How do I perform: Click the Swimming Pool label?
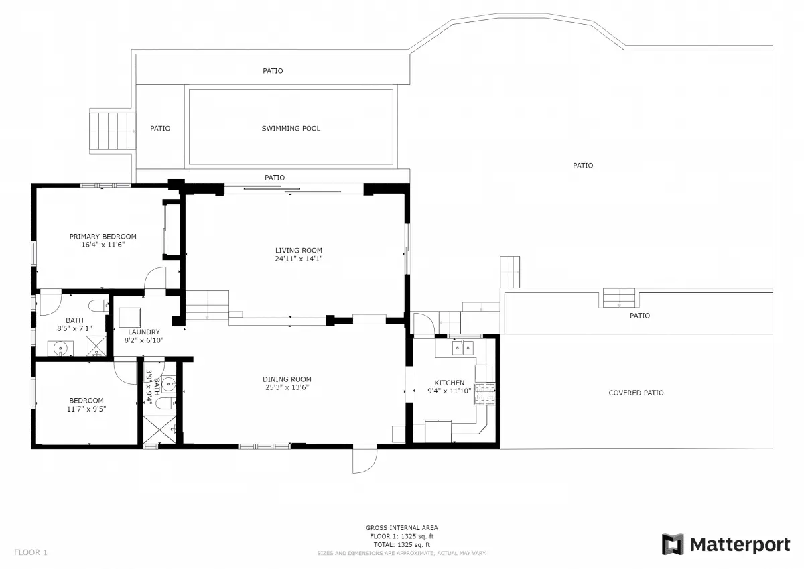[291, 129]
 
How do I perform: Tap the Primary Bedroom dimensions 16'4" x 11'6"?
[103, 245]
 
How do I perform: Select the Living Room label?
[299, 251]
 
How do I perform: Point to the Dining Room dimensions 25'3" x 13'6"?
[287, 387]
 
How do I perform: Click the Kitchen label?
[450, 383]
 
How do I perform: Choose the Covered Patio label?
[636, 393]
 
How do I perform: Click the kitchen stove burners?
[485, 394]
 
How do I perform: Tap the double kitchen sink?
[463, 349]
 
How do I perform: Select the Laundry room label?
[144, 332]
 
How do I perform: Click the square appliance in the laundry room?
[129, 318]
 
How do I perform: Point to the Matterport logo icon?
[672, 544]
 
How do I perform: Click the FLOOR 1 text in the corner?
[31, 552]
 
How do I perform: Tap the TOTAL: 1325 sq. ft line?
[401, 545]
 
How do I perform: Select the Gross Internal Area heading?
[401, 527]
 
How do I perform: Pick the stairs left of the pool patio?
[113, 131]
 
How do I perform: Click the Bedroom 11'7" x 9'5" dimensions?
[86, 409]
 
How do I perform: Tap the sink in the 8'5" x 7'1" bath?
[60, 348]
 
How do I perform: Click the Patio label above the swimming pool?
[273, 71]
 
